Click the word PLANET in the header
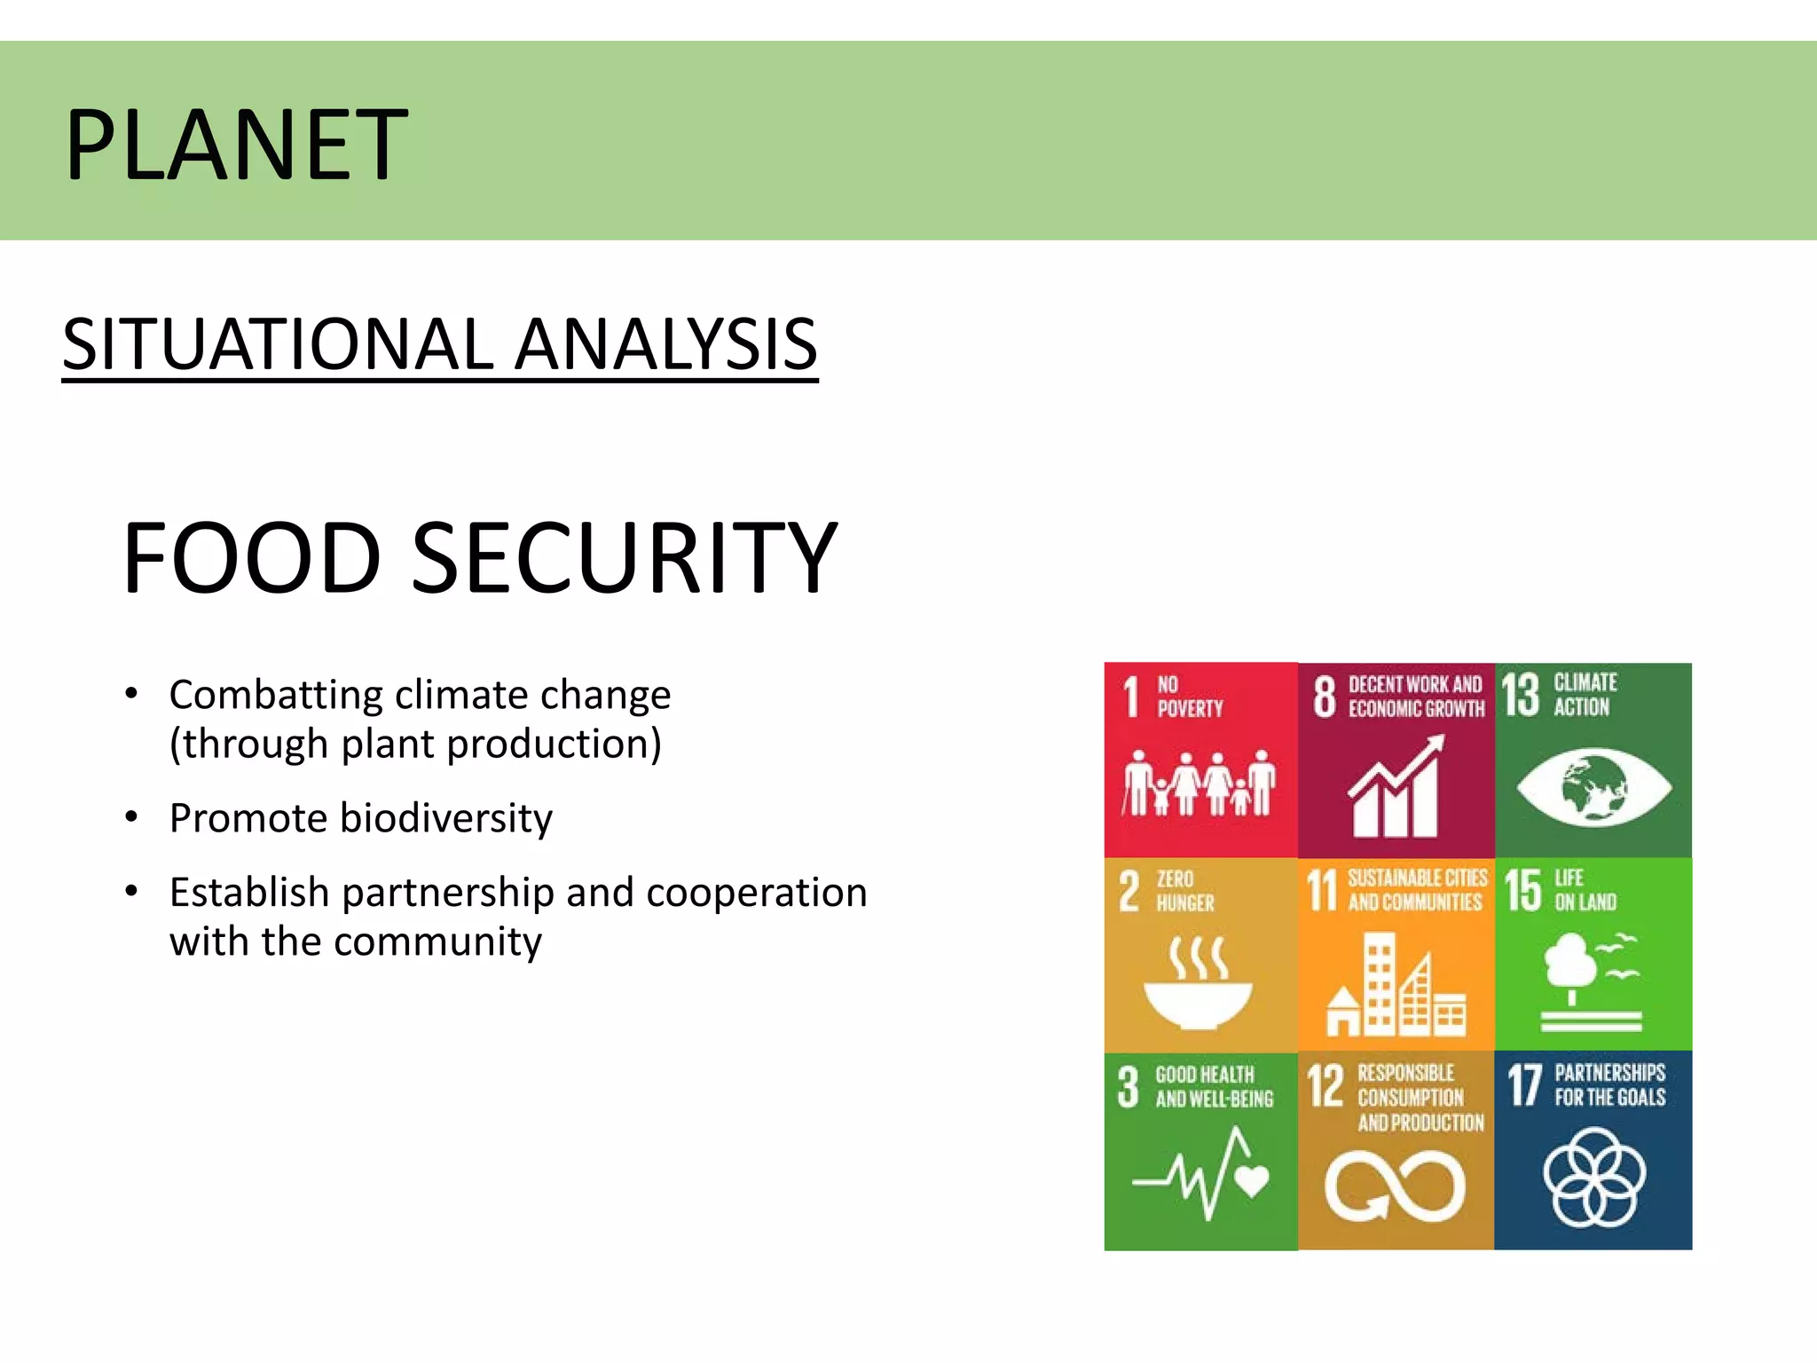click(236, 144)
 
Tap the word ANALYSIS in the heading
click(666, 344)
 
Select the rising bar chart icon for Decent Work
click(1396, 788)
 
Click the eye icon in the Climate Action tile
click(1593, 785)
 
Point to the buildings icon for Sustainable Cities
click(1396, 985)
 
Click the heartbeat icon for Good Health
click(1200, 1173)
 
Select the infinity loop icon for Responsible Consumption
click(1395, 1186)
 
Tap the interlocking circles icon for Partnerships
click(1594, 1177)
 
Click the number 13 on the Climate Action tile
click(1520, 695)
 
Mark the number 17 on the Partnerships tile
click(1524, 1085)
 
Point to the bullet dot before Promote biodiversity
click(131, 816)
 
